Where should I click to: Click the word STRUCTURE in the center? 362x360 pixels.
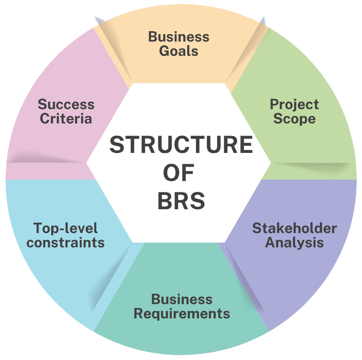[x=181, y=145]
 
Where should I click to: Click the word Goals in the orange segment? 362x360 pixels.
[x=179, y=51]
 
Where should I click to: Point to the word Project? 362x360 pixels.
[x=294, y=104]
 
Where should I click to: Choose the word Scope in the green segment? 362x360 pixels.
[x=294, y=119]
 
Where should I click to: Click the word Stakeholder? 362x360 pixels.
[x=294, y=228]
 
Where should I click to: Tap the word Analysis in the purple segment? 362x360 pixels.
[x=294, y=243]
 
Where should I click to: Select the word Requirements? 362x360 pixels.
[x=182, y=313]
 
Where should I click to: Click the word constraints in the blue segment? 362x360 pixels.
[x=65, y=242]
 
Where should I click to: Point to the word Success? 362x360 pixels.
[x=66, y=104]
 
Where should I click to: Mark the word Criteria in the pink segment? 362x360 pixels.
[x=66, y=119]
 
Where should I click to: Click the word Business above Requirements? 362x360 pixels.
[x=182, y=299]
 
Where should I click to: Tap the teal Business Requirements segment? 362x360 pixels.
[x=182, y=334]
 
